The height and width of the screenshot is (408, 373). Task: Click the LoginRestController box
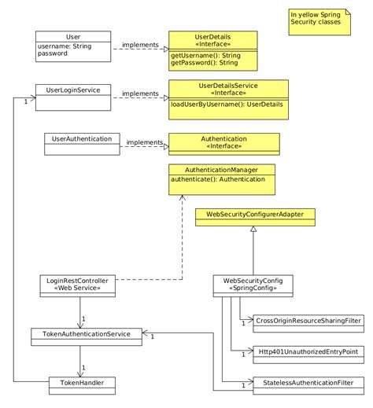[x=78, y=284]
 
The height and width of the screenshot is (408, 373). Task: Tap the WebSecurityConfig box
[x=248, y=284]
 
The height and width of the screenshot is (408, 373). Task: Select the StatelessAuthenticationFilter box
[x=303, y=383]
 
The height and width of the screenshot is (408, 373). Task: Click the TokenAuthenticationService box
[x=87, y=334]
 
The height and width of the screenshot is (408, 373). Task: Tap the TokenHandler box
[x=82, y=383]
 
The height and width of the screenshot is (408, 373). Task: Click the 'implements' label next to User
[x=140, y=45]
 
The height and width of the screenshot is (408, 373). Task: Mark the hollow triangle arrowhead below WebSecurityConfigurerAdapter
[x=253, y=229]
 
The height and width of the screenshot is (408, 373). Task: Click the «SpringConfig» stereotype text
[x=248, y=289]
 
